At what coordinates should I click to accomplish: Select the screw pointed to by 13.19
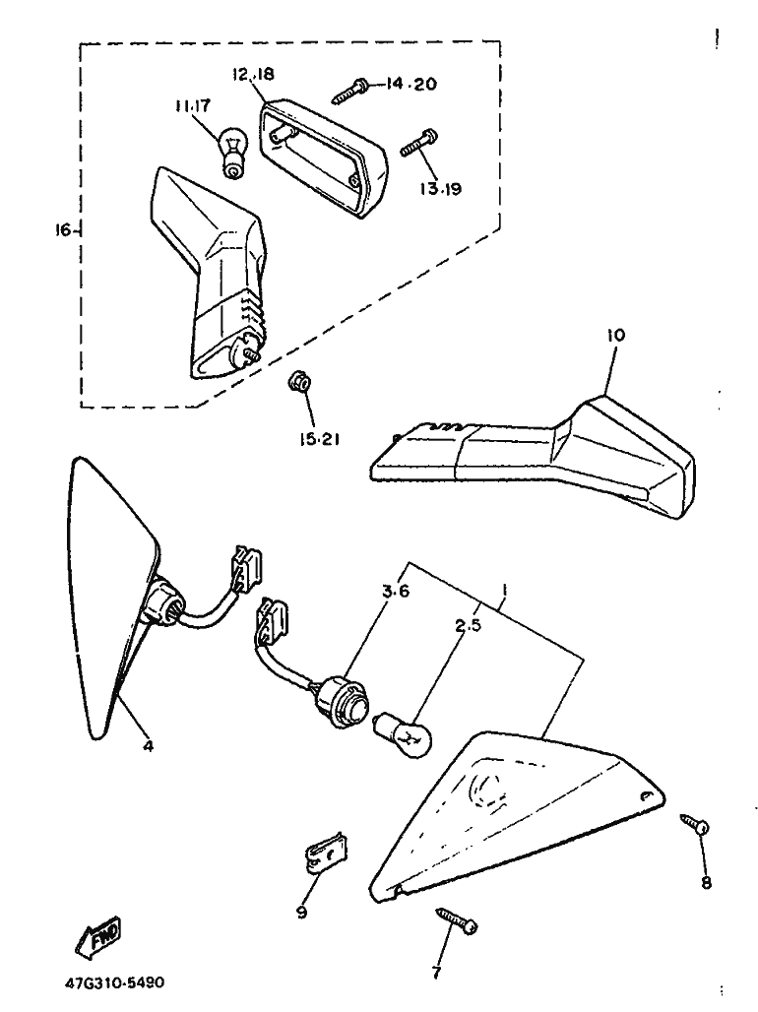(x=419, y=143)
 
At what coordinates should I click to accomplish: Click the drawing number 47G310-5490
(x=114, y=983)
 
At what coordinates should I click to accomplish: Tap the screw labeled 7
(x=457, y=920)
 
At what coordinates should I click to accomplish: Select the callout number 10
(x=616, y=335)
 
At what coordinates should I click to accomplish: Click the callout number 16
(x=63, y=229)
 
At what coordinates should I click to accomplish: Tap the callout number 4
(x=149, y=746)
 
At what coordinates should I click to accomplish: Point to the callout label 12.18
(x=253, y=74)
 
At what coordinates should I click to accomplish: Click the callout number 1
(x=504, y=590)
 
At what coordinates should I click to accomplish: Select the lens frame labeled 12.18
(x=322, y=154)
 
